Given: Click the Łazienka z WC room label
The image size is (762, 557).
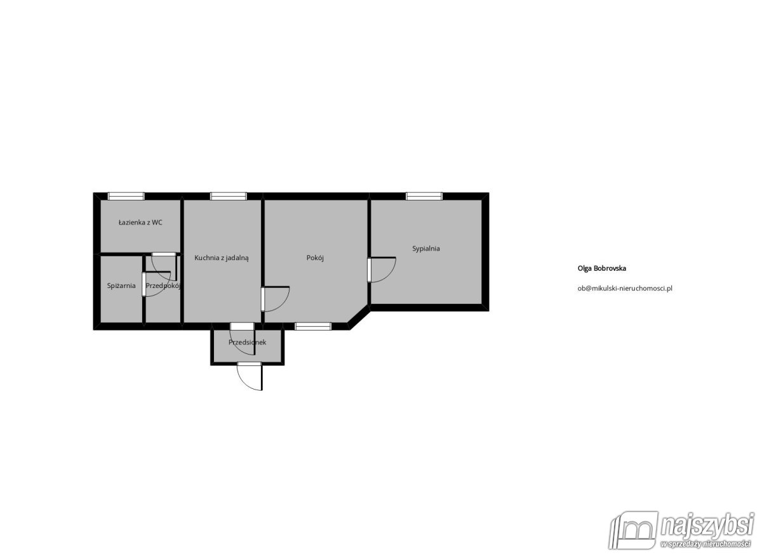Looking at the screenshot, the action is tap(140, 223).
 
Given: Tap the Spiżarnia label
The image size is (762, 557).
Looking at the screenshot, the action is tap(121, 286).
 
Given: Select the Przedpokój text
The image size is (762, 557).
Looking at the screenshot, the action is tap(163, 286).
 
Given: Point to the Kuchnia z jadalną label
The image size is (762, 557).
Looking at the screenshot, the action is tap(222, 258).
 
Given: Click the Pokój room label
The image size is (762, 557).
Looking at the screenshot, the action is tap(315, 258).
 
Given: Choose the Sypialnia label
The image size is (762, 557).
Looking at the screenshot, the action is tap(426, 249).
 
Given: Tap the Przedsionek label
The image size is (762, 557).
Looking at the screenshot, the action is tap(247, 342).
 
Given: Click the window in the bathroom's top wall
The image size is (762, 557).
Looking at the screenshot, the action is tap(126, 197).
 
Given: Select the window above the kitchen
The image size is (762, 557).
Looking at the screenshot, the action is tap(228, 197).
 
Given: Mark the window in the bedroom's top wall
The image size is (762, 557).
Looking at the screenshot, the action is tap(424, 197).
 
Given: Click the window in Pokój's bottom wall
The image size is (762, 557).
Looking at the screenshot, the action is tap(312, 327).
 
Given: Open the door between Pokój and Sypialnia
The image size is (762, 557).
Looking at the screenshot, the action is tap(381, 270).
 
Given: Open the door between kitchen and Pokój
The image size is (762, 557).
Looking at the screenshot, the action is tap(275, 299).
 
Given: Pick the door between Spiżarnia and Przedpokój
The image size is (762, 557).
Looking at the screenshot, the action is tap(156, 284).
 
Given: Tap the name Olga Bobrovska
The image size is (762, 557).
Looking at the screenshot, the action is tap(602, 268).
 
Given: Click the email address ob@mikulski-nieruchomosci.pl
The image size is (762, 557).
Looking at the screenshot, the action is tap(625, 289).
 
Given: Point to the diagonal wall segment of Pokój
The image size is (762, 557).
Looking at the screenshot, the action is tap(359, 317).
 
